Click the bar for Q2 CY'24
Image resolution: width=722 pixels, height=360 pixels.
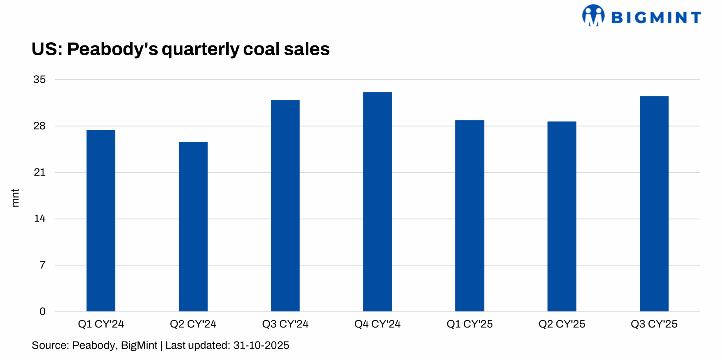[193, 226]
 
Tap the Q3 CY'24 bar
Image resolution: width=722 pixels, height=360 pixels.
[285, 205]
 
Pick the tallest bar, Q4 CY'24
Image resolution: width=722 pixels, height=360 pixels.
[377, 201]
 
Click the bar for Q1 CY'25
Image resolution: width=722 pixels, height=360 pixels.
[469, 216]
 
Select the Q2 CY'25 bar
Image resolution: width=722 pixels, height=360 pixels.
[562, 216]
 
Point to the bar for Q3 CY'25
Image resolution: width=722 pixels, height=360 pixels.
[654, 203]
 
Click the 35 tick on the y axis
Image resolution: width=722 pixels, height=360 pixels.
[39, 80]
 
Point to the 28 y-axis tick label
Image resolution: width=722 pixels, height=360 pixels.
[39, 126]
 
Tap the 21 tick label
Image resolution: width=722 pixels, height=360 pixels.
[39, 172]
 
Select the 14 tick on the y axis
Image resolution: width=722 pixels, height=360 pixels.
[39, 219]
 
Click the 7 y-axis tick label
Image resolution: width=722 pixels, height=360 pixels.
[42, 265]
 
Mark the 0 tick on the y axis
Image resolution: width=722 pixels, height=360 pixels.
[42, 311]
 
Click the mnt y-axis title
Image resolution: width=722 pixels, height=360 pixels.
[15, 198]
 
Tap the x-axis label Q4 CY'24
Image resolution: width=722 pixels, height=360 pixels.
[377, 324]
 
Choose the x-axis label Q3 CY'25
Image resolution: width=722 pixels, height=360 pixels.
[654, 324]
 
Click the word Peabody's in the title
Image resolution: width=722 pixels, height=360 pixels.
[112, 49]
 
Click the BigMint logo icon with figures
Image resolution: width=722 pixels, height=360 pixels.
[593, 16]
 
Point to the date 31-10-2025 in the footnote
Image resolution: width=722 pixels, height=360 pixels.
[261, 345]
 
